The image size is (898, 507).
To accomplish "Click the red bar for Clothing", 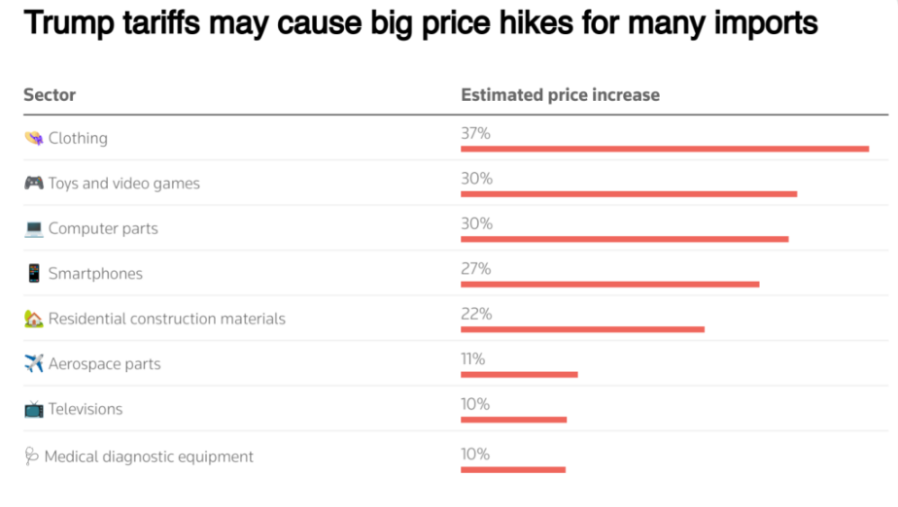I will pos(665,149).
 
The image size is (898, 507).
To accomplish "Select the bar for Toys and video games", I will pos(629,193).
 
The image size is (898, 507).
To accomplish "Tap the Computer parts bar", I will pos(624,239).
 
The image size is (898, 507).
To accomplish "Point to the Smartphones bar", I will pos(609,284).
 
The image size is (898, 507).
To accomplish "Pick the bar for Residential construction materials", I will pos(582,329).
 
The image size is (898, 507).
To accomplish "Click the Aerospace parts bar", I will pos(519,374).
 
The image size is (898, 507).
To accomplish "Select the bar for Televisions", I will pos(513,420).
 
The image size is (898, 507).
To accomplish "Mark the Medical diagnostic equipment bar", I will pos(512,470).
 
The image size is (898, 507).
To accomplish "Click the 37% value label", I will pos(475,133).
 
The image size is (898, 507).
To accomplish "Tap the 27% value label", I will pos(475,268).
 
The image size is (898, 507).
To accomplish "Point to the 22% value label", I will pos(475,314).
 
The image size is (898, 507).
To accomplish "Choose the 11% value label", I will pos(472,358).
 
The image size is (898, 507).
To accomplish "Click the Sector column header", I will pos(50,95).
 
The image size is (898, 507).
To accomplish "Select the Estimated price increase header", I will pos(560,95).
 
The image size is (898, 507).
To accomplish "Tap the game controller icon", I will pos(33,183).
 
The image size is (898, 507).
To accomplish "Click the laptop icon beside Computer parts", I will pos(33,228).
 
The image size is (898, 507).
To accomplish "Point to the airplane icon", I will pos(33,363).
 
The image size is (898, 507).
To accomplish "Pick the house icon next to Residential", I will pos(33,318).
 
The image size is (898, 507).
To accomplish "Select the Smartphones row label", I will pos(95,274).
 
